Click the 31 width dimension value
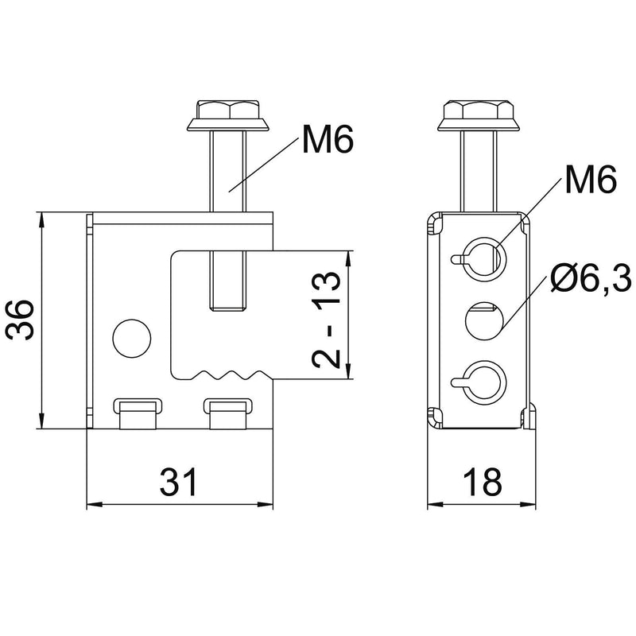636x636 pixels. (x=178, y=482)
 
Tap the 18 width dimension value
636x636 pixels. (x=483, y=482)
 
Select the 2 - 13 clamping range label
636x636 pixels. (x=327, y=320)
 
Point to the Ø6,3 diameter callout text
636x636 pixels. (x=591, y=280)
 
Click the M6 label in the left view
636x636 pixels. (x=328, y=139)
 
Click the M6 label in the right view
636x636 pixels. (x=591, y=179)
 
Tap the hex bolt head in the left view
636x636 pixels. (x=228, y=115)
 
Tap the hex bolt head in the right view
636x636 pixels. (x=479, y=115)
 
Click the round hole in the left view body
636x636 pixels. (x=132, y=339)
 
